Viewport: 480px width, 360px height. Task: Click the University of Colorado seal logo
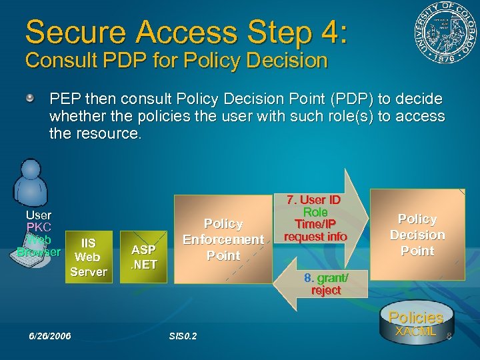coord(443,34)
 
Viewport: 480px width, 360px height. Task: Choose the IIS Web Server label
coord(88,257)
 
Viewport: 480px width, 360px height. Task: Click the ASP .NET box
coord(143,257)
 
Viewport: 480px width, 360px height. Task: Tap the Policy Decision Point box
coord(417,235)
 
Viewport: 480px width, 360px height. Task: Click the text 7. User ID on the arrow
coord(314,200)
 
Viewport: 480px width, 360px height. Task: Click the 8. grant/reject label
coord(326,284)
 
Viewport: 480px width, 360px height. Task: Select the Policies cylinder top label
coord(415,317)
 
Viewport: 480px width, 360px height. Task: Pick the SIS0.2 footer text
coord(183,335)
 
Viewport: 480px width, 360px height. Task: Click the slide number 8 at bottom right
coord(449,337)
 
